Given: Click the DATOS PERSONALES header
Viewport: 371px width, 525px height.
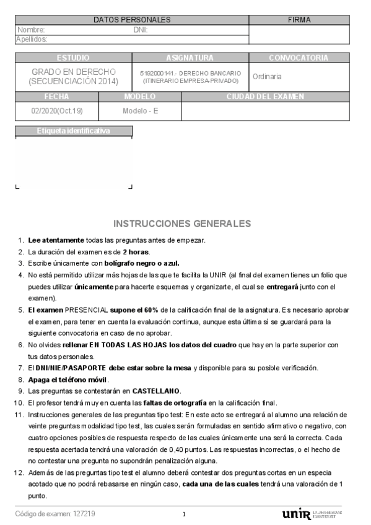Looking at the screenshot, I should click(x=131, y=20).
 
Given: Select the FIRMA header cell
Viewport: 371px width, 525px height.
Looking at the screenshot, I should click(x=299, y=20).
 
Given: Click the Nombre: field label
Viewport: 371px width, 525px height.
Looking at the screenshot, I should click(x=32, y=30).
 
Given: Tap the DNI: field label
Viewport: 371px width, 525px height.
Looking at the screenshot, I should click(x=140, y=30).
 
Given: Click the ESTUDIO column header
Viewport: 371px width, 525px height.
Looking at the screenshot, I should click(x=73, y=58).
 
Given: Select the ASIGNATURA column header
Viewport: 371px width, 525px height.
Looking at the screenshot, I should click(x=190, y=58).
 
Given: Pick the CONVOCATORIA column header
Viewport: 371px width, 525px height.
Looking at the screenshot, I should click(x=299, y=58).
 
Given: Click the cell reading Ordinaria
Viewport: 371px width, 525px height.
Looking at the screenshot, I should click(x=268, y=77).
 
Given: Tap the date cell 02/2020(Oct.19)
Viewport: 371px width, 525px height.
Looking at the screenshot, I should click(x=56, y=111).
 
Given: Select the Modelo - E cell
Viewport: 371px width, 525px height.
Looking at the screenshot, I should click(x=140, y=111).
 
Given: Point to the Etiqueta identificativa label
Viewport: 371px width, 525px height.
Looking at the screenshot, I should click(x=73, y=131).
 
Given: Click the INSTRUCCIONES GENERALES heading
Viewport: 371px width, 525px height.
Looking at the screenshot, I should click(x=183, y=223).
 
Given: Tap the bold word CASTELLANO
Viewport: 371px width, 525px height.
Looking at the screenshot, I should click(x=155, y=391).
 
